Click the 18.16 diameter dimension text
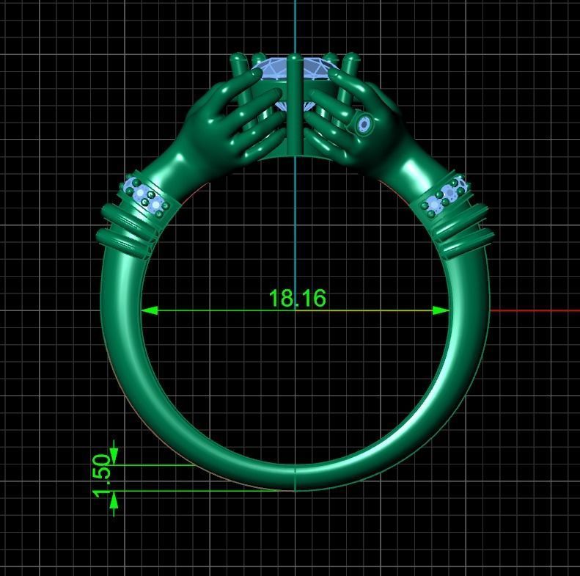pos(297,298)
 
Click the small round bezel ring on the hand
pos(363,125)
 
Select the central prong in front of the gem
pos(294,103)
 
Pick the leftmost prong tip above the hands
pos(237,59)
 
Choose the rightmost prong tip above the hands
pos(352,58)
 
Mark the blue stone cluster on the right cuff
pos(447,196)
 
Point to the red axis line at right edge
pos(535,310)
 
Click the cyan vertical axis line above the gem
pos(295,26)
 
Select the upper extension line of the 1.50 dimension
pos(154,464)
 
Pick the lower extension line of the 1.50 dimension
pos(198,491)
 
